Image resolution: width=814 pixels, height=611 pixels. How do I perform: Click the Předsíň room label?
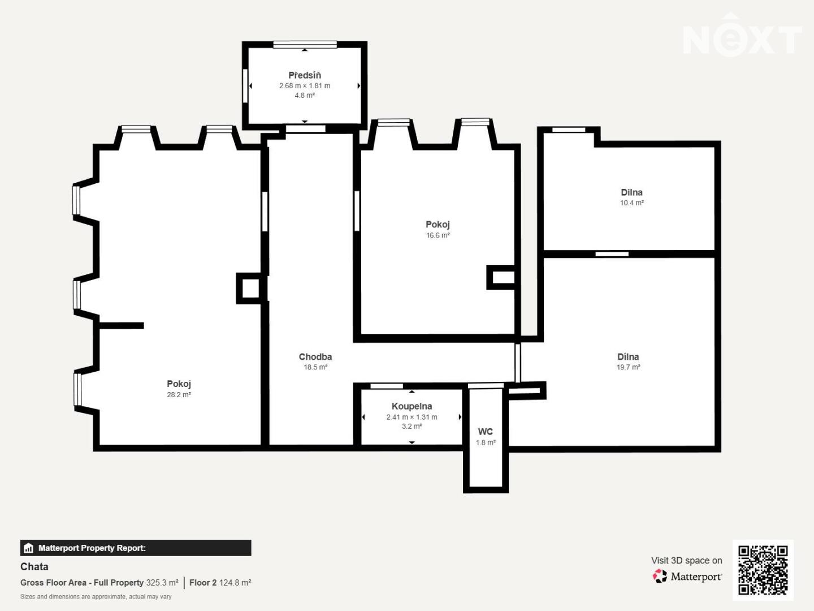click(x=305, y=75)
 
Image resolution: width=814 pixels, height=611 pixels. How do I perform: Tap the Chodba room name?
click(x=315, y=357)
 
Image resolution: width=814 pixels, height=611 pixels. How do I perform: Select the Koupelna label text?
click(x=412, y=407)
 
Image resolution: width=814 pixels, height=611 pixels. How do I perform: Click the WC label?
click(x=486, y=432)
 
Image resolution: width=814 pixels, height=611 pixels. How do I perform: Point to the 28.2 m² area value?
click(x=179, y=395)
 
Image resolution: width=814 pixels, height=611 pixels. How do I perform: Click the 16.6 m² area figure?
click(x=438, y=235)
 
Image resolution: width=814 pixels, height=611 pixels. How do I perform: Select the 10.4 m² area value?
click(x=632, y=203)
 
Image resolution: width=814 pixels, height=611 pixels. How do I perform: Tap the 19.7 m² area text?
click(x=628, y=367)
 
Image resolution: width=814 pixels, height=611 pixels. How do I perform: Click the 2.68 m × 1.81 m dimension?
click(x=305, y=85)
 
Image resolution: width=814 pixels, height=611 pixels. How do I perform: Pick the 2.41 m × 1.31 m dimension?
click(x=412, y=417)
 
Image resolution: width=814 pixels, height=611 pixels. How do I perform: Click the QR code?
click(x=763, y=570)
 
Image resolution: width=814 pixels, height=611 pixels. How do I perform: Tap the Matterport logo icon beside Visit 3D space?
click(x=660, y=576)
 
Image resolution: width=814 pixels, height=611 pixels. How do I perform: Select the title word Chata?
click(x=34, y=567)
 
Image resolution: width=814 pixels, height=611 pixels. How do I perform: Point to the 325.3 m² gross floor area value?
click(x=162, y=583)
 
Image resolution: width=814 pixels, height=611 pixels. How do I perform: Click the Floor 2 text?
click(x=203, y=583)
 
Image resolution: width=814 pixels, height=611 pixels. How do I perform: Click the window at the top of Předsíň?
click(x=305, y=45)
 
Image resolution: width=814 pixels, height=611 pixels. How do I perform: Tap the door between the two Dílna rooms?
click(x=612, y=254)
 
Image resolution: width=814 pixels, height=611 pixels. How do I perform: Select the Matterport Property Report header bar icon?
click(x=29, y=548)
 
